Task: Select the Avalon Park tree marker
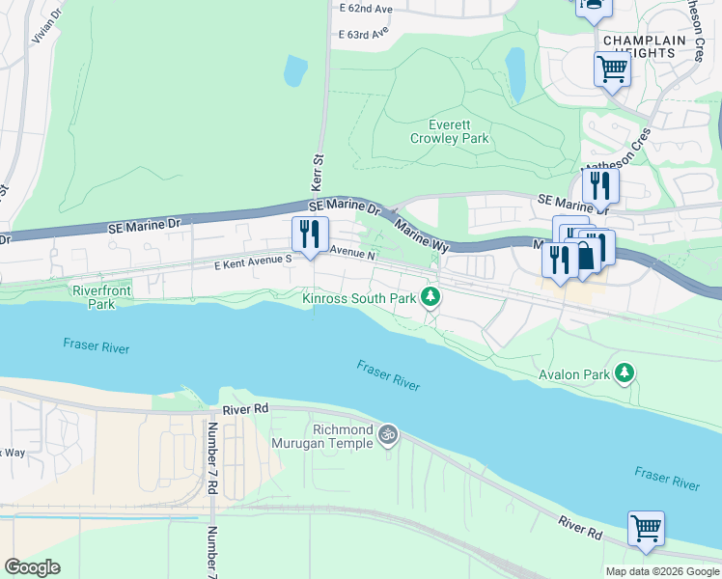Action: pos(625,372)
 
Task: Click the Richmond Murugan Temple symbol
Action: pos(387,435)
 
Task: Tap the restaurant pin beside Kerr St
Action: pos(311,234)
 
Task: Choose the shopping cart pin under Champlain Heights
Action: pos(613,69)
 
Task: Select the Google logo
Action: pos(32,567)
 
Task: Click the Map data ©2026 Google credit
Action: pos(661,571)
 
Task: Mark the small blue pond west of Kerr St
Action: pos(295,69)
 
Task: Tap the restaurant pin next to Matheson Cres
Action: pos(600,184)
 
